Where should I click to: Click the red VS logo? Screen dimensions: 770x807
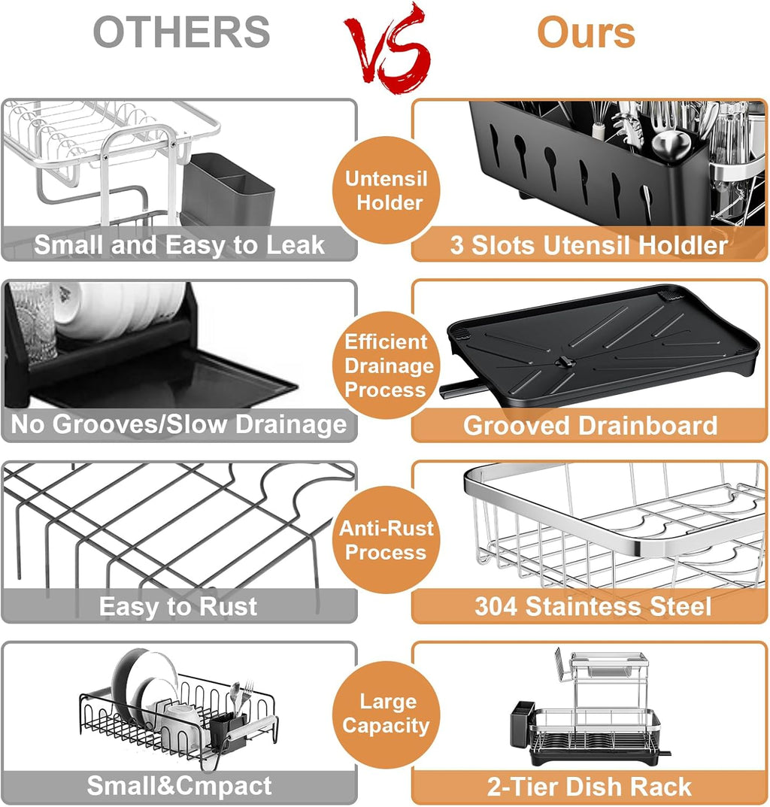click(387, 49)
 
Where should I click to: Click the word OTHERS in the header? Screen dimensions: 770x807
click(182, 32)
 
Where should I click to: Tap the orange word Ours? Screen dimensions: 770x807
click(586, 32)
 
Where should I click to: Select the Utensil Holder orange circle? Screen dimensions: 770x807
click(386, 190)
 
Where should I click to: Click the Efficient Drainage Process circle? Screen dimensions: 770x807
click(386, 366)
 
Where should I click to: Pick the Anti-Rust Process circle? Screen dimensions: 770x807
click(386, 540)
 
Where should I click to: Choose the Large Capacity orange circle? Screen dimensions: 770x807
click(386, 714)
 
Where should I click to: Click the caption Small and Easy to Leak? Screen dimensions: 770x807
click(179, 245)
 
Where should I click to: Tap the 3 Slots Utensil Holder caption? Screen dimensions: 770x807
click(589, 245)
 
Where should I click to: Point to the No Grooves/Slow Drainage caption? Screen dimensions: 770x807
click(179, 425)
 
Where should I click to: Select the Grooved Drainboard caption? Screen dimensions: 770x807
click(590, 426)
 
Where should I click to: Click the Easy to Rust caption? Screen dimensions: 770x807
click(178, 606)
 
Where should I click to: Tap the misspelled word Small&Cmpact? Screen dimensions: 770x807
click(179, 786)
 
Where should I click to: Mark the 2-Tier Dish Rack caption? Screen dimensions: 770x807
click(590, 787)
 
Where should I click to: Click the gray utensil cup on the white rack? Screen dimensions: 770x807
click(228, 189)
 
